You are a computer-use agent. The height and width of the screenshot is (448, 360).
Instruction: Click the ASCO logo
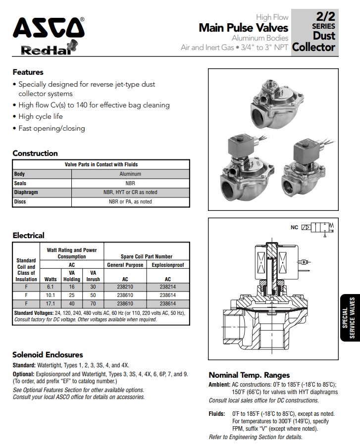point(49,28)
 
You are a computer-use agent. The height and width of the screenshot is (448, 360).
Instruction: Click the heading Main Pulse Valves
point(243,28)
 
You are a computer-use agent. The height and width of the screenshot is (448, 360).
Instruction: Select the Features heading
point(28,72)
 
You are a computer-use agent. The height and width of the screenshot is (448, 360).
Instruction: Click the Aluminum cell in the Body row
point(130,174)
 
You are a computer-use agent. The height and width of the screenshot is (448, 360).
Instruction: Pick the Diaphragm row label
point(26,193)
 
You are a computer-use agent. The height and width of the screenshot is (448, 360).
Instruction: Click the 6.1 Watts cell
point(50,287)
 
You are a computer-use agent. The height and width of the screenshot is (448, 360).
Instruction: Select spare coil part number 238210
point(125,287)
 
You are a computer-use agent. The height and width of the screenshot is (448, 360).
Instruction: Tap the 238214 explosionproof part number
point(168,287)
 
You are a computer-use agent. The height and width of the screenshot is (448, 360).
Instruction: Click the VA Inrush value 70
point(93,303)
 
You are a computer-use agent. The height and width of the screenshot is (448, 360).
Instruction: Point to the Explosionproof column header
point(168,265)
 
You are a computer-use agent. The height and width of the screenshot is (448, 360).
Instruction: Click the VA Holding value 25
point(71,295)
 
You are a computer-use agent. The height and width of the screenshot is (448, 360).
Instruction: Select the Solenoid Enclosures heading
point(48,355)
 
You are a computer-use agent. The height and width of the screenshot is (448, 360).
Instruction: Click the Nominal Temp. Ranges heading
point(249,375)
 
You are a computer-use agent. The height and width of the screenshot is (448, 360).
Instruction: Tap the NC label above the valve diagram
point(295,227)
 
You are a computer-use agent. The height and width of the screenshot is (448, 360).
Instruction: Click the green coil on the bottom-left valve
point(238,147)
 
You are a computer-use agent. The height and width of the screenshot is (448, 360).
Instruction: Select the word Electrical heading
point(28,236)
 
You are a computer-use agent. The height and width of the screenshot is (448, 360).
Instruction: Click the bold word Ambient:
point(219,384)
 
